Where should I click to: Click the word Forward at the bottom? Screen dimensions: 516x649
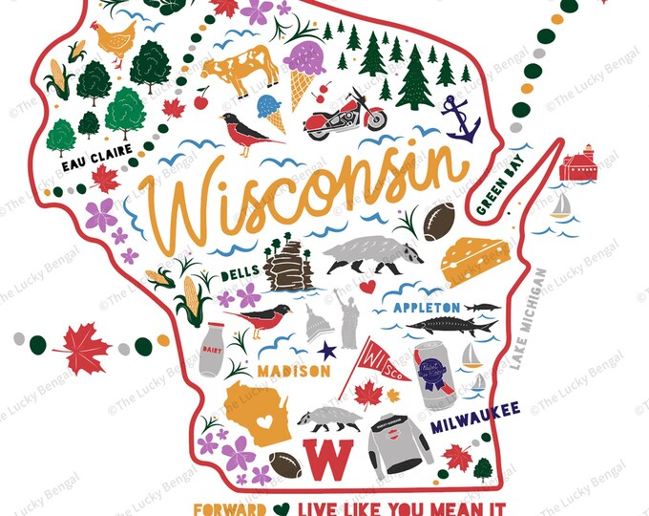229,508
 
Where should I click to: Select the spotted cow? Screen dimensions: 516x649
240,69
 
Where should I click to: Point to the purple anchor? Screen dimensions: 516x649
460,119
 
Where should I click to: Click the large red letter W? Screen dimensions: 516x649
324,457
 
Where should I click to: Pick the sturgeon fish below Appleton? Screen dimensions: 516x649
452,325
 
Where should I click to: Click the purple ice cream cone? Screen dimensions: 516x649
304,70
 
